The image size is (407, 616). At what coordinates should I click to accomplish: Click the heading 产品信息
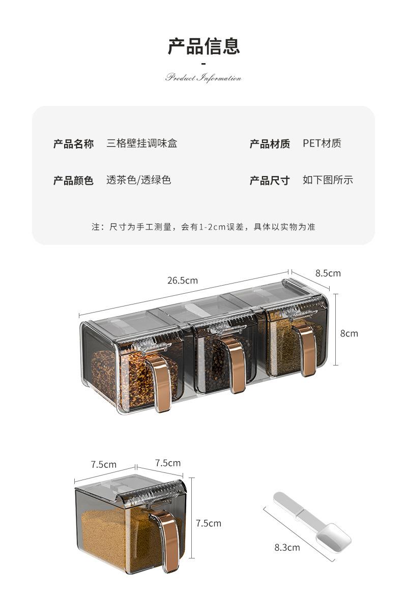(x=203, y=46)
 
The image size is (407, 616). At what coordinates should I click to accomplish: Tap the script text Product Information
(x=203, y=78)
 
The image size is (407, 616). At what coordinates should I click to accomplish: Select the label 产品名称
(x=73, y=144)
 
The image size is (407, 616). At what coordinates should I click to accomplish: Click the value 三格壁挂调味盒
(x=141, y=143)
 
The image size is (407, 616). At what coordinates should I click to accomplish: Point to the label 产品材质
(x=269, y=144)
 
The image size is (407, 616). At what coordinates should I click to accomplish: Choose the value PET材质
(x=322, y=143)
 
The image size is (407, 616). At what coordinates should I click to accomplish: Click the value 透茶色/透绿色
(x=138, y=180)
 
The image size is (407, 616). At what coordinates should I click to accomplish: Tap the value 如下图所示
(x=328, y=180)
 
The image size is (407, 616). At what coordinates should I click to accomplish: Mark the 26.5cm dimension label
(x=182, y=280)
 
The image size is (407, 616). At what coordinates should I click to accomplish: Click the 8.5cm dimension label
(x=328, y=273)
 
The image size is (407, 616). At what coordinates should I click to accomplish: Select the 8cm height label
(x=349, y=333)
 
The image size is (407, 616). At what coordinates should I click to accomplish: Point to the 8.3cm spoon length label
(x=287, y=548)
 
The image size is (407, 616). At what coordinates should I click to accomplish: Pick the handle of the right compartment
(x=307, y=349)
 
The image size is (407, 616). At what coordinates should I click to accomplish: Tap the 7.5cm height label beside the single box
(x=209, y=523)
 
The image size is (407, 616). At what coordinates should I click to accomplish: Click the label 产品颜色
(x=73, y=180)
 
